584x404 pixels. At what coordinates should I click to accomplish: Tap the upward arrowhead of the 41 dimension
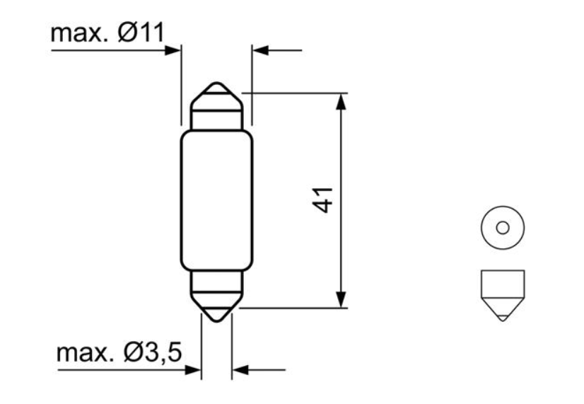click(x=341, y=100)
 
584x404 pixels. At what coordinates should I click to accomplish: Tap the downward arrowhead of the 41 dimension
click(x=341, y=300)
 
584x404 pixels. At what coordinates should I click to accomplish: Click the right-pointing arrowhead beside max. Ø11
click(x=173, y=50)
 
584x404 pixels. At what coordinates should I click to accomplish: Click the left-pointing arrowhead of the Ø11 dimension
click(x=261, y=50)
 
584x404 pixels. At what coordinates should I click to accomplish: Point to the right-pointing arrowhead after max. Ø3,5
click(x=193, y=369)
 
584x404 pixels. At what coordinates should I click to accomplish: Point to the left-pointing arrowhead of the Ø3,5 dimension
click(x=240, y=369)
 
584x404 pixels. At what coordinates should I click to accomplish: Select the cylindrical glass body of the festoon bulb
click(x=216, y=201)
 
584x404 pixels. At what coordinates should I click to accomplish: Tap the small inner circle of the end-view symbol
click(x=502, y=228)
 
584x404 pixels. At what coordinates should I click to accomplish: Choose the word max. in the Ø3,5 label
click(x=82, y=352)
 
